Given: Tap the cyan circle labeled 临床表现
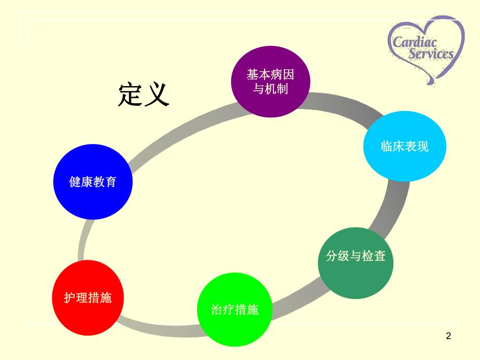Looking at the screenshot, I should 404,146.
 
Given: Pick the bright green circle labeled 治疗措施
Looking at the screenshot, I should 235,310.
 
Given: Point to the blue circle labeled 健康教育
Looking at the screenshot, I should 93,182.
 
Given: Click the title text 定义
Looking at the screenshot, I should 144,94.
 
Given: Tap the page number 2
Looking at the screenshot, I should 448,337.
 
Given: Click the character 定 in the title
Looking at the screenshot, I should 130,94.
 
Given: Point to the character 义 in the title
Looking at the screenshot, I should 157,94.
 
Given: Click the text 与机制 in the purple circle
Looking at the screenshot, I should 270,89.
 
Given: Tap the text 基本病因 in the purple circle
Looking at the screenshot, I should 270,75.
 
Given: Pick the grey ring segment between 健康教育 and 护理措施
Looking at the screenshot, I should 83,240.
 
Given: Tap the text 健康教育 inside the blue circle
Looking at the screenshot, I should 93,182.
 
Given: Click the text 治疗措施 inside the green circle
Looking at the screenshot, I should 235,310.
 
